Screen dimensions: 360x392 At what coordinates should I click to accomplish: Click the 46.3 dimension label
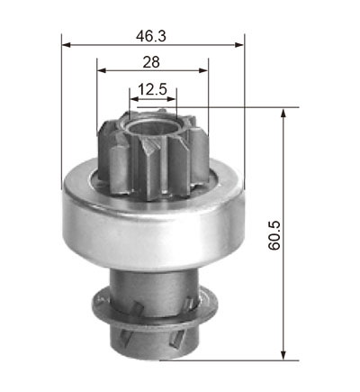click(x=150, y=36)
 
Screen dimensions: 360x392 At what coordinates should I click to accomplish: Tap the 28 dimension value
click(x=151, y=62)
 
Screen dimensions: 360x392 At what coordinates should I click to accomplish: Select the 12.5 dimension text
click(x=152, y=89)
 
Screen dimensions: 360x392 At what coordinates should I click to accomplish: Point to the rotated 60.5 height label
click(x=274, y=235)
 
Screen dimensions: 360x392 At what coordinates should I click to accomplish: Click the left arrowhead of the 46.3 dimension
click(x=66, y=45)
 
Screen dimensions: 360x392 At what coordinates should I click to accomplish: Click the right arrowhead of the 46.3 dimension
click(x=239, y=45)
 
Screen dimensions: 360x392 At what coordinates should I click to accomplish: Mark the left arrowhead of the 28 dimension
click(x=102, y=70)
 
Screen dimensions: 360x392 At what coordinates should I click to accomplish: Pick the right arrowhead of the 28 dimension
click(x=203, y=70)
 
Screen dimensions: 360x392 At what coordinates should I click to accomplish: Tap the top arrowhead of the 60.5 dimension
click(x=283, y=114)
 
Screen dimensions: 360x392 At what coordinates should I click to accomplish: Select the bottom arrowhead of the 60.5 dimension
click(x=283, y=355)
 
